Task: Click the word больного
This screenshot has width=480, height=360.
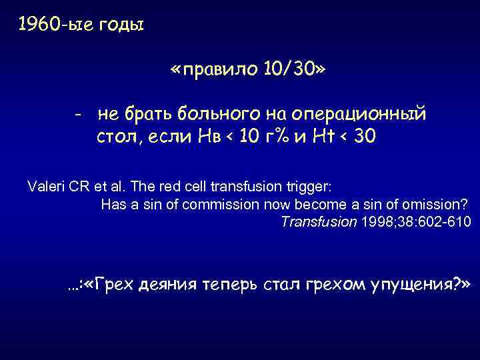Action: pyautogui.click(x=213, y=115)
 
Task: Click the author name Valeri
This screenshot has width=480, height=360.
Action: pyautogui.click(x=46, y=185)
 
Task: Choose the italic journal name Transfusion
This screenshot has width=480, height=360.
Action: pyautogui.click(x=319, y=222)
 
